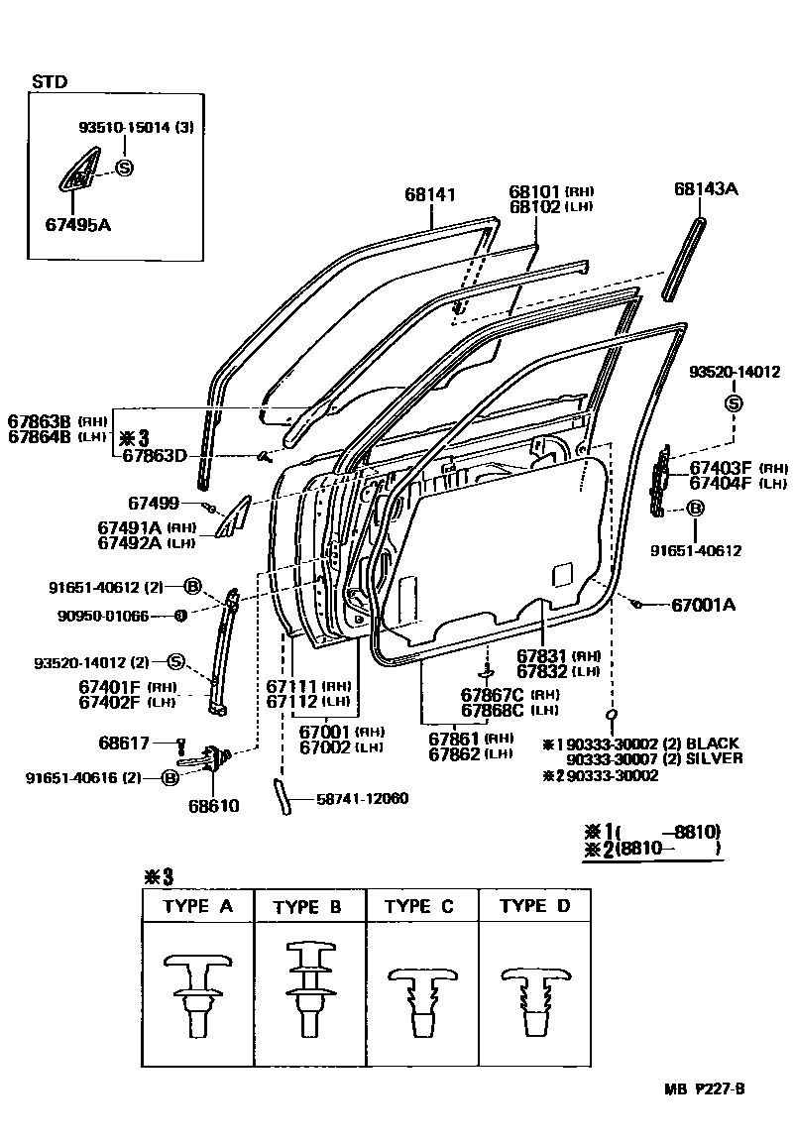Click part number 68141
click(x=430, y=195)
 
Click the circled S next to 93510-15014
click(x=124, y=168)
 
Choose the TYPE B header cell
click(x=308, y=906)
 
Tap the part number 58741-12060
click(x=363, y=798)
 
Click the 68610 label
click(x=213, y=806)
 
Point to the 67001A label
click(x=705, y=604)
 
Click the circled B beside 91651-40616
click(x=170, y=778)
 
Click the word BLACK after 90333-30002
click(x=713, y=744)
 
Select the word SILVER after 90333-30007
click(x=715, y=758)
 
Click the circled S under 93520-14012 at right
click(x=734, y=402)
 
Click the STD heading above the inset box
click(x=50, y=82)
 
